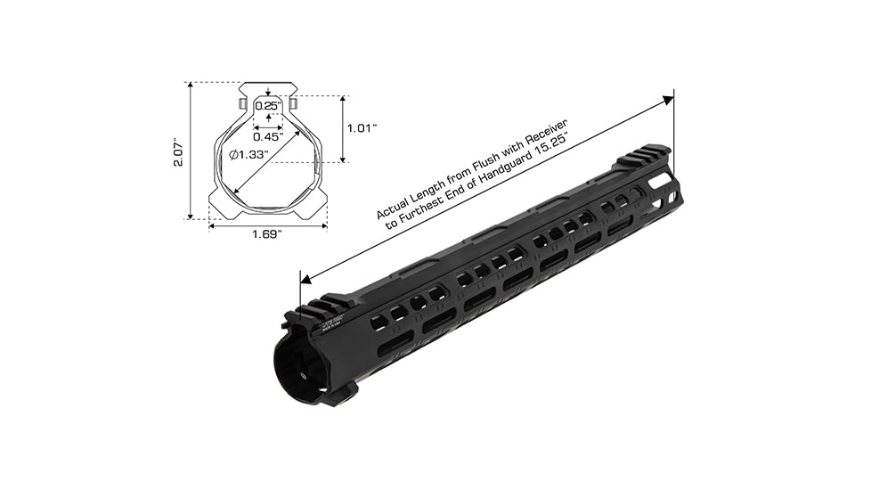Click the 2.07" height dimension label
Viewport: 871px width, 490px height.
[x=178, y=152]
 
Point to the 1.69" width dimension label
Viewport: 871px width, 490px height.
[x=267, y=234]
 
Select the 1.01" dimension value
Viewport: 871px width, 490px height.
[x=362, y=127]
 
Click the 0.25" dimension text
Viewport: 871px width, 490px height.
[x=268, y=106]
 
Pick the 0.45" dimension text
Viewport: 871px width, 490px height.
[x=267, y=136]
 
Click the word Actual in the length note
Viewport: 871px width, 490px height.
[x=393, y=207]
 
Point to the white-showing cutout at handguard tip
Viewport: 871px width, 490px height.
[x=662, y=181]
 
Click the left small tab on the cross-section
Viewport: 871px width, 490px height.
[x=240, y=104]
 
